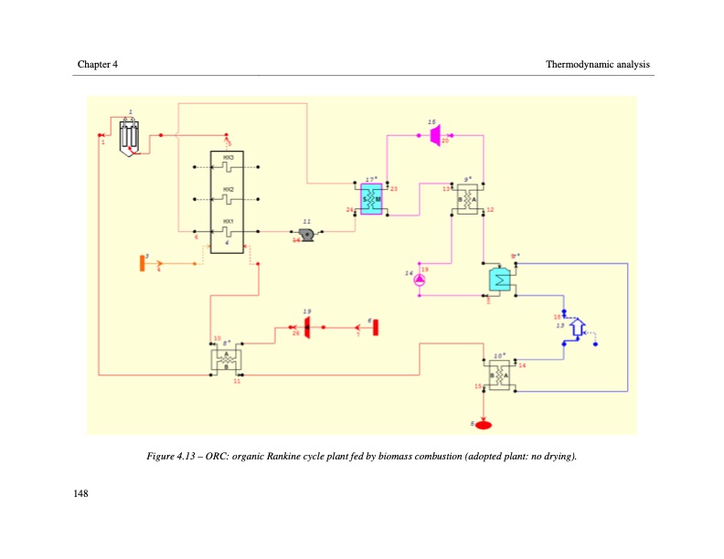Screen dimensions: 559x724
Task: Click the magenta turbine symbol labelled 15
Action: [435, 135]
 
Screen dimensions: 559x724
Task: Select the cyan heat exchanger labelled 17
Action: [371, 199]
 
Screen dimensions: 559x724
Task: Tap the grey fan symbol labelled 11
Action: [308, 235]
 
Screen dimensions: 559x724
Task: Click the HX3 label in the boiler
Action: [229, 159]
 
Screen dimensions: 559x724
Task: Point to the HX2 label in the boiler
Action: [229, 190]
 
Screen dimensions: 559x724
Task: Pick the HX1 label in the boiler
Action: [229, 221]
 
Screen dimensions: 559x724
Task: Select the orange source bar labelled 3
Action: [143, 263]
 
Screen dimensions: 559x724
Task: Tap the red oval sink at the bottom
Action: [484, 425]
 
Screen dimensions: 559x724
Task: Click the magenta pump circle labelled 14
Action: [419, 281]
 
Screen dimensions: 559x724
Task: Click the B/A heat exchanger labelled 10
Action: [499, 375]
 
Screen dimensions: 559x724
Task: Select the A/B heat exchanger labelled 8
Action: [226, 360]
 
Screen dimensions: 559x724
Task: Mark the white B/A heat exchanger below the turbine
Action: [466, 199]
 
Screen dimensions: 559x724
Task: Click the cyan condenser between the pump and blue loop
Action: [500, 279]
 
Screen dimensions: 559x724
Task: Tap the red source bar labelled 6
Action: [374, 326]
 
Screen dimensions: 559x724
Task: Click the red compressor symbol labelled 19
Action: [307, 326]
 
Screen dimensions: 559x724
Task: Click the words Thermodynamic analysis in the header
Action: [597, 64]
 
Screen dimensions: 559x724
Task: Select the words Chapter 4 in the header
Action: [97, 64]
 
